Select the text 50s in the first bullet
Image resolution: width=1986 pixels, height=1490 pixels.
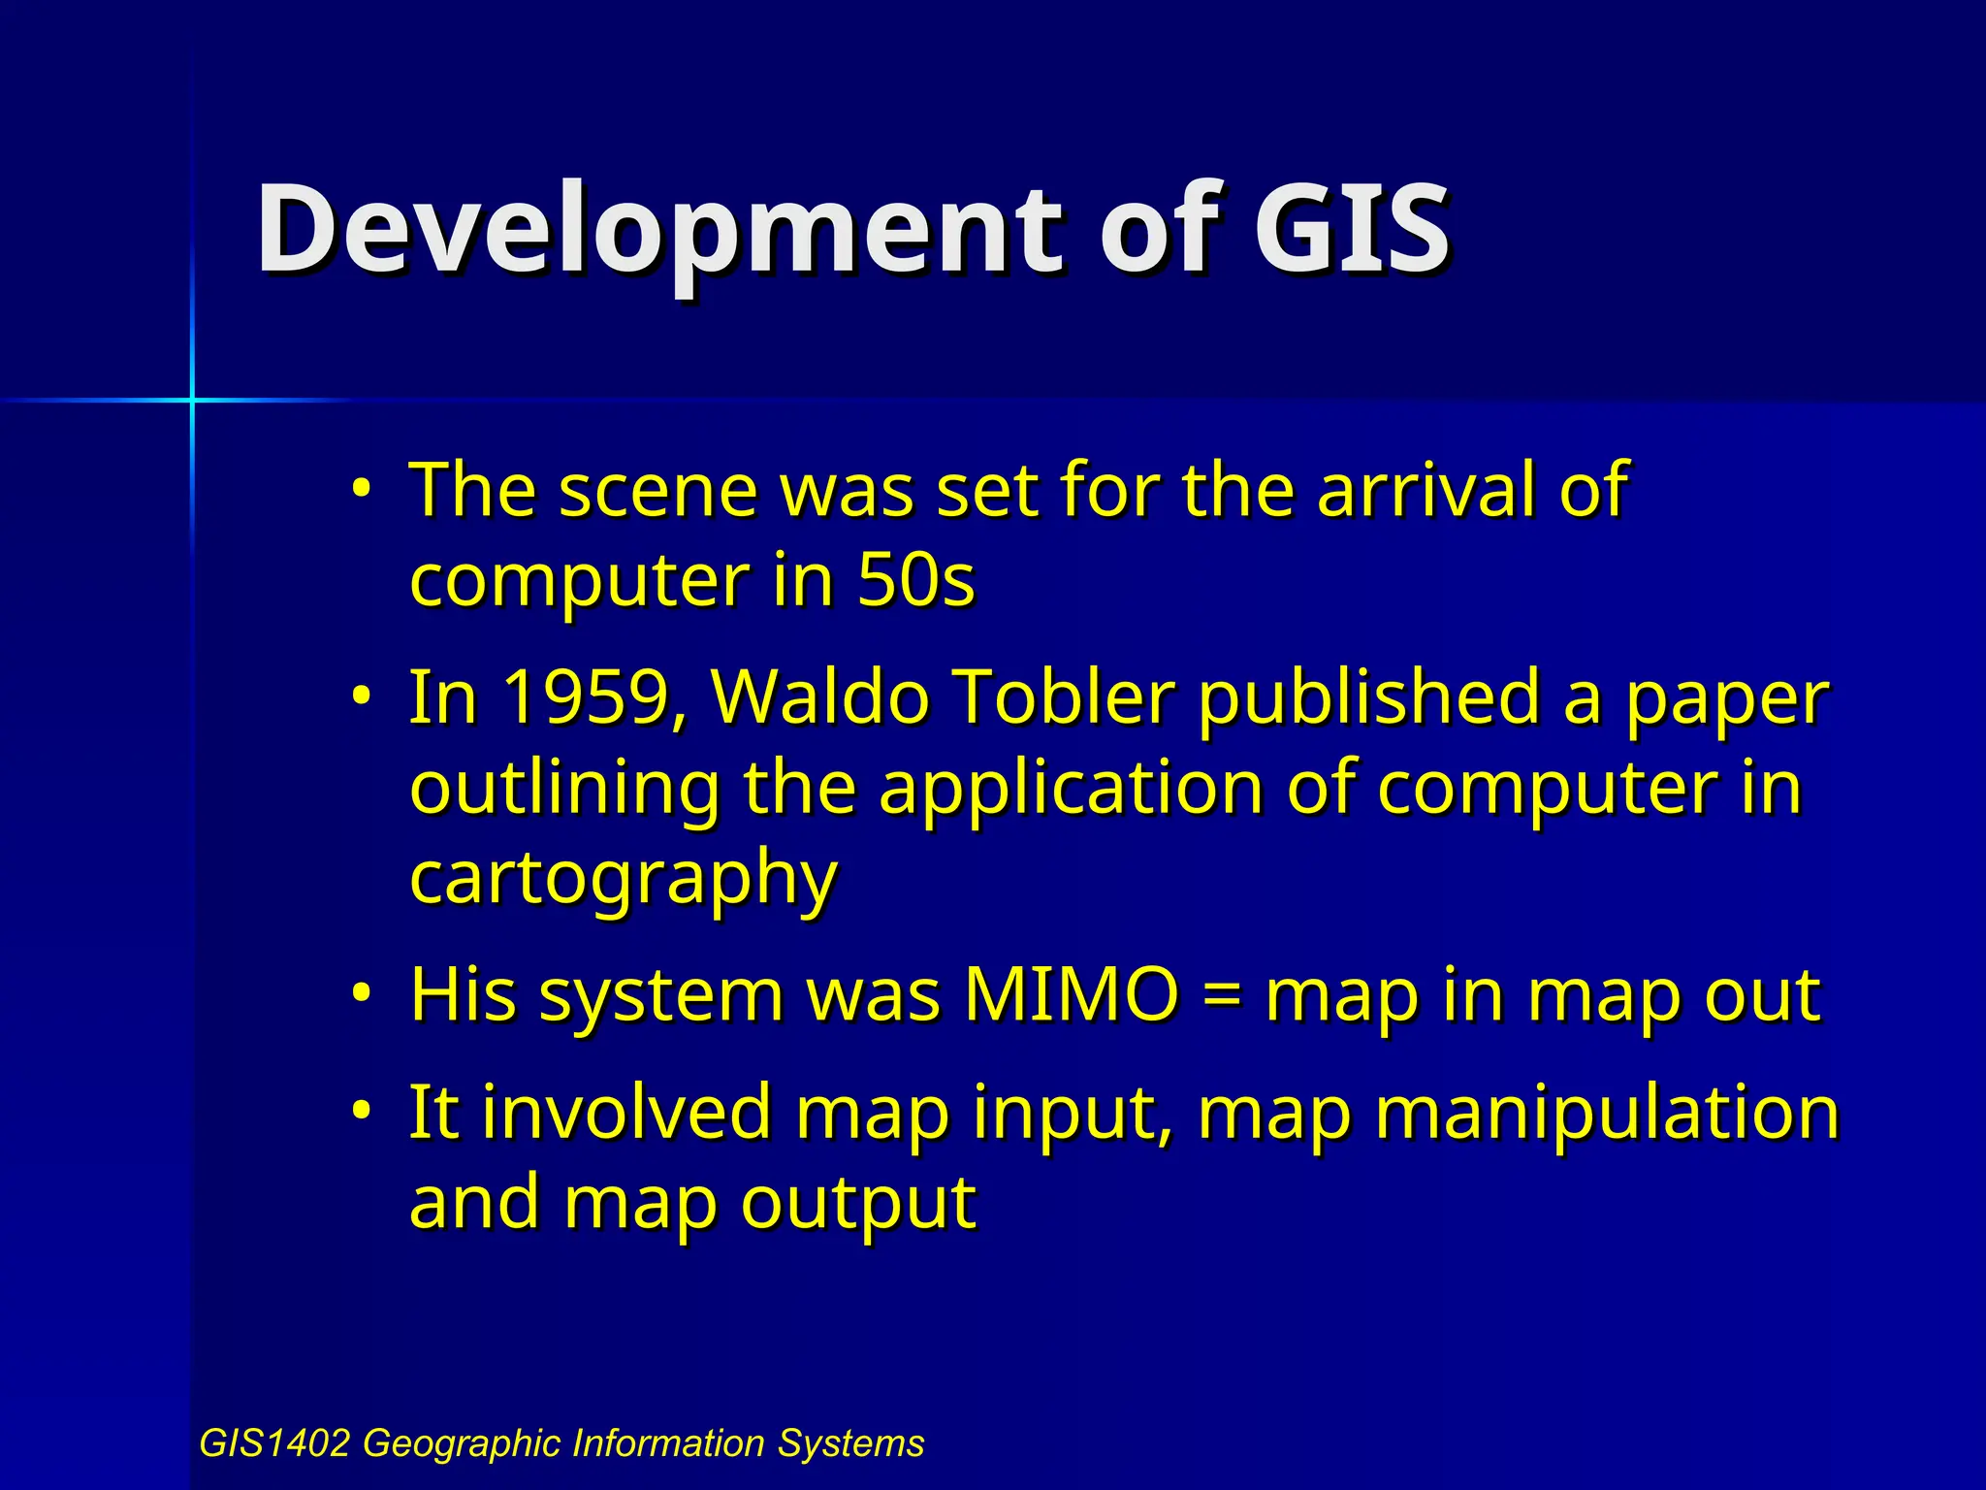pos(915,580)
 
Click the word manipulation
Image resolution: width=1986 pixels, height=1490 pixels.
pos(1606,1114)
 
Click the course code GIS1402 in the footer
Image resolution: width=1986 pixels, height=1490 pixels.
pos(273,1443)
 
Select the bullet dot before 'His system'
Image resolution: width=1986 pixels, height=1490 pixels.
pos(361,992)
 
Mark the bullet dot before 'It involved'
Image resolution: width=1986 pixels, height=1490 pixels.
pos(361,1110)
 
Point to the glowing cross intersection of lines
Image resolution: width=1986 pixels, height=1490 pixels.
pos(192,400)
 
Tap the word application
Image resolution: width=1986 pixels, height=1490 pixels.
pos(1071,788)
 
